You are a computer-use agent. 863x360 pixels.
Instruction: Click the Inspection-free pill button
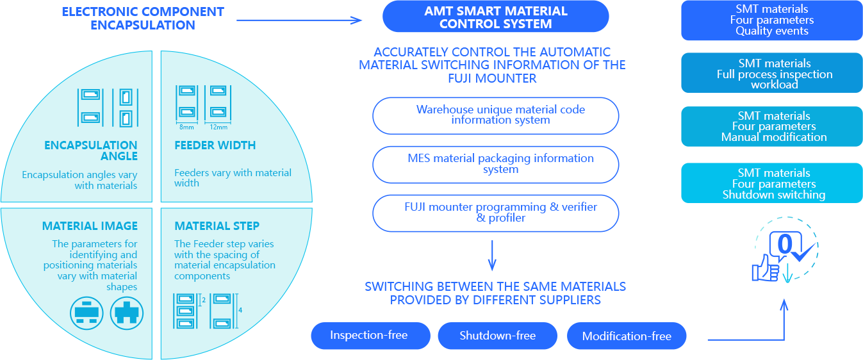(x=370, y=336)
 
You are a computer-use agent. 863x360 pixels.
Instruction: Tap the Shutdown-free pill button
(x=498, y=336)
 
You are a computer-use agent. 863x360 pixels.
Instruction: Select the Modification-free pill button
(x=627, y=336)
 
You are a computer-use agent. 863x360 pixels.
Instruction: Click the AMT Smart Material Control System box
(x=495, y=17)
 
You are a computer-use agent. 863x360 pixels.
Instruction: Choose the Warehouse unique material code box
(x=495, y=115)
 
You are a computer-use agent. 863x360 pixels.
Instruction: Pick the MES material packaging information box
(x=495, y=165)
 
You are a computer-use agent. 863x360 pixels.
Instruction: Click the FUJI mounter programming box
(x=495, y=213)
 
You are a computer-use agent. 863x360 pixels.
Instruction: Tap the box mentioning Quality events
(x=771, y=20)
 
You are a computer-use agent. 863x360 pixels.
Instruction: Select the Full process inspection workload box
(x=771, y=74)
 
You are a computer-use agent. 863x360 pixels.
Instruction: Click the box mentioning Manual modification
(x=771, y=126)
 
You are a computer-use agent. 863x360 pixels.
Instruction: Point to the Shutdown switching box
(x=771, y=183)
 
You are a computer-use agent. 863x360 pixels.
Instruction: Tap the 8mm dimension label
(x=186, y=127)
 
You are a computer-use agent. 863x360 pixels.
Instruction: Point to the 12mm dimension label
(x=218, y=127)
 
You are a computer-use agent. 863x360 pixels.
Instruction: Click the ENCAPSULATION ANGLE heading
(x=91, y=151)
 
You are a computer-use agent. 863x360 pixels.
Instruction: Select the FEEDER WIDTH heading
(x=215, y=145)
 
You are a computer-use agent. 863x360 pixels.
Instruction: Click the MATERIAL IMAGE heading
(x=90, y=226)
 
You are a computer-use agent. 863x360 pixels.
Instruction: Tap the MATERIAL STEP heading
(x=217, y=226)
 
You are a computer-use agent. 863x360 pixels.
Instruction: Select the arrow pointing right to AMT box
(x=299, y=20)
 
